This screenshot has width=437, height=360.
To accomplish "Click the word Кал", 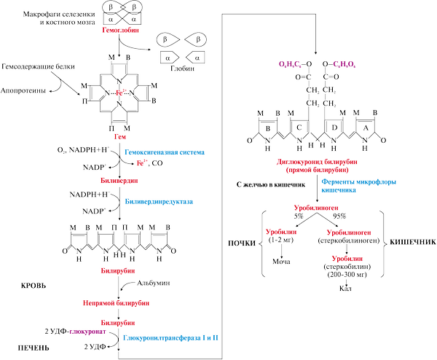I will click(x=345, y=288).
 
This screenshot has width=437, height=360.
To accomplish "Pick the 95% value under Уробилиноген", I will click(x=339, y=216).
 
